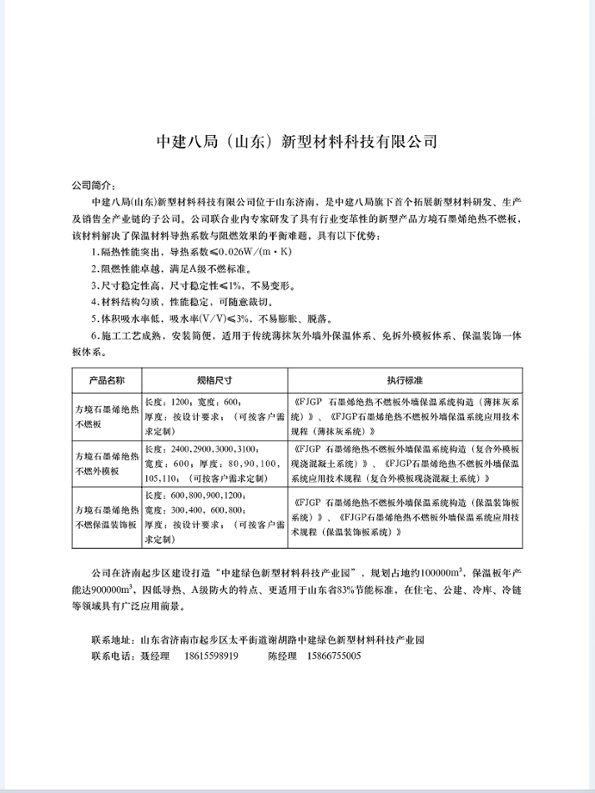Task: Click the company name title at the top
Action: [297, 141]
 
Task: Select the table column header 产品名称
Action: [106, 379]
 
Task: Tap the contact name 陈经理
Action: [281, 656]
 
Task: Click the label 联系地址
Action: [112, 640]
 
